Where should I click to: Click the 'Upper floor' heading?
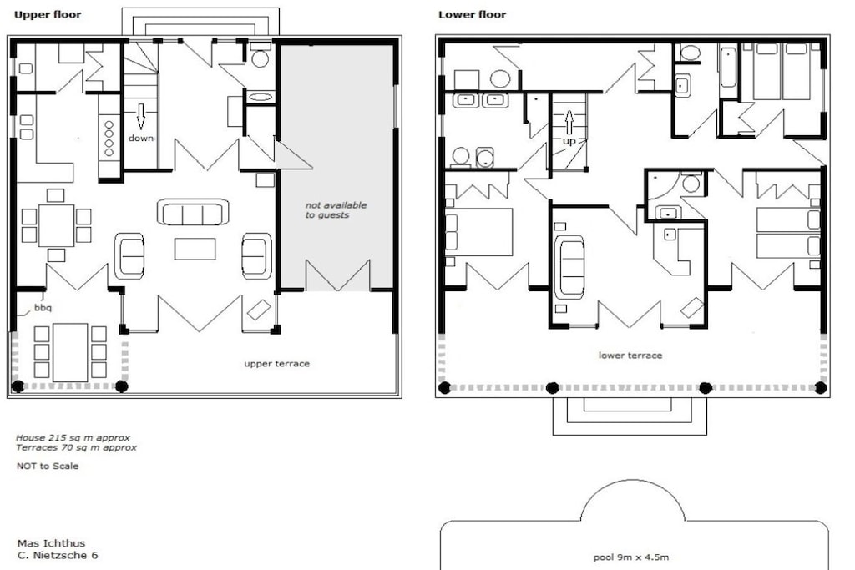48,15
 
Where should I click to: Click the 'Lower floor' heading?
473,15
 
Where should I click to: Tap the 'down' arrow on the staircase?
140,115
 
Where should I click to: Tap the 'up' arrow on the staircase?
569,122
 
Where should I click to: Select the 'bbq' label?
43,308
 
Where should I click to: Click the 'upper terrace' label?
277,364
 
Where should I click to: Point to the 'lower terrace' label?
630,356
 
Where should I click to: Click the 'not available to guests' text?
336,209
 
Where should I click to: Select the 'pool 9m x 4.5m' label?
631,557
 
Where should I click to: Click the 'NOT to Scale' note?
48,466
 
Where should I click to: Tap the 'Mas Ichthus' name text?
51,543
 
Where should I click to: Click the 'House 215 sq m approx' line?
73,437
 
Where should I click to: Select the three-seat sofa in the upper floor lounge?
193,212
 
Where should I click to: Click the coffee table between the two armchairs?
195,249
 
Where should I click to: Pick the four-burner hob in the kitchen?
109,139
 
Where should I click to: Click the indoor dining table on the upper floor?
56,225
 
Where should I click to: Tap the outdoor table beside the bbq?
70,352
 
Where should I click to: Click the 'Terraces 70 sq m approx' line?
76,448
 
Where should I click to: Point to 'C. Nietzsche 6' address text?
58,556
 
